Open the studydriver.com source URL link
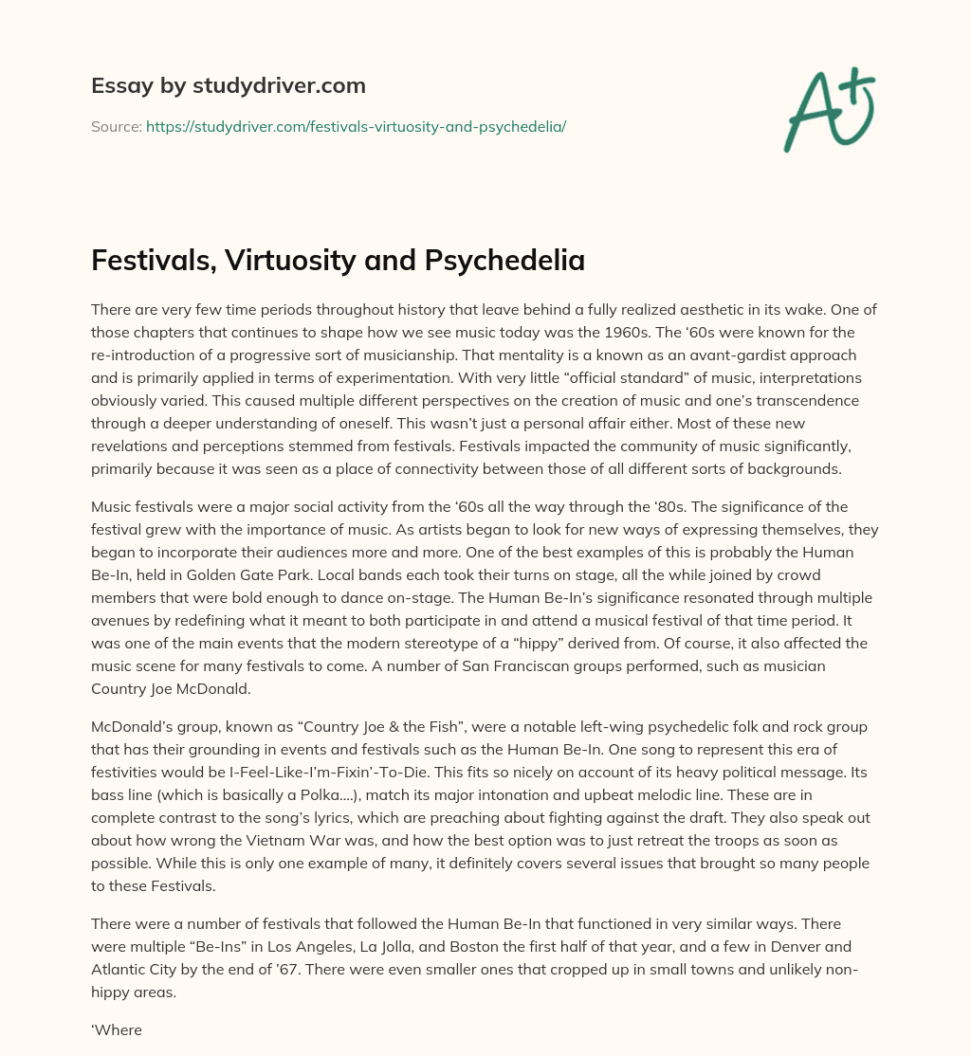(x=356, y=126)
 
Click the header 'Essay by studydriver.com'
(x=229, y=85)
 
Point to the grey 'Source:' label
(x=116, y=126)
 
